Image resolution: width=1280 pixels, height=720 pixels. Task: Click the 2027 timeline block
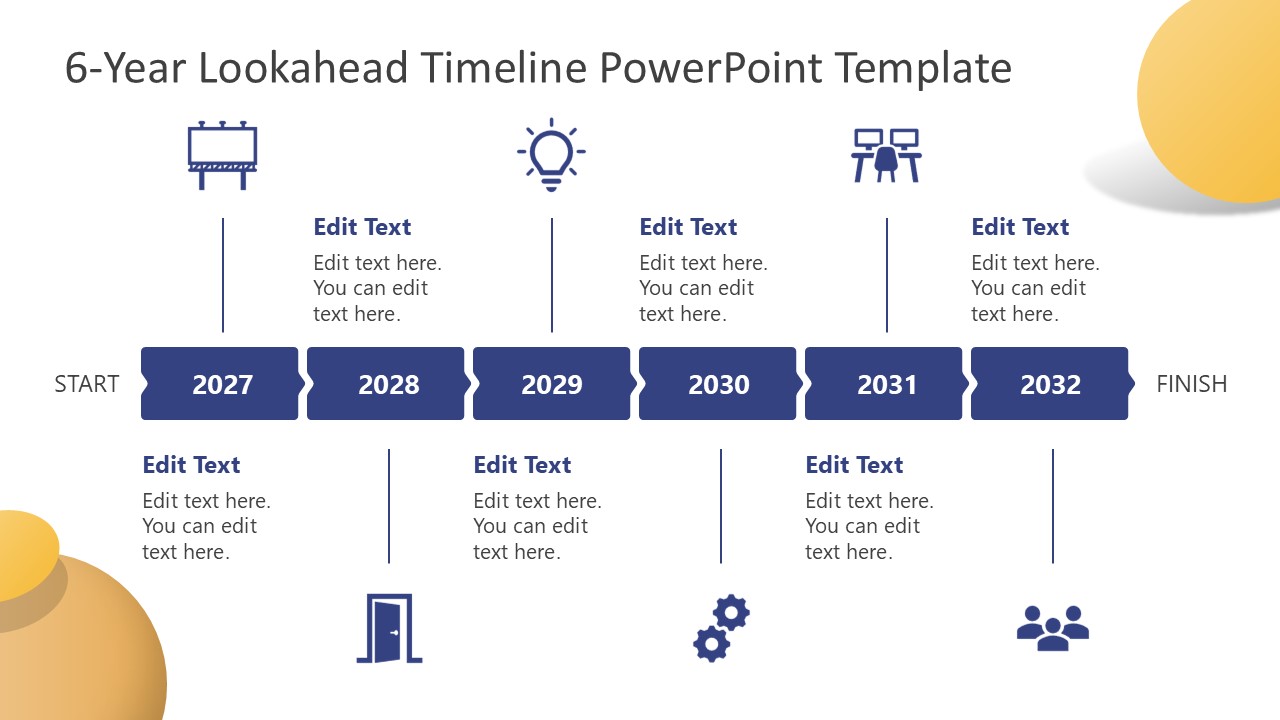click(x=221, y=384)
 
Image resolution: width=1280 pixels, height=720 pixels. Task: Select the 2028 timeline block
click(x=387, y=384)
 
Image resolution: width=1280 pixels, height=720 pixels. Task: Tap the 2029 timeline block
click(x=552, y=384)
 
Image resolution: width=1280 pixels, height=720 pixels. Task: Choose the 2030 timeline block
click(x=718, y=384)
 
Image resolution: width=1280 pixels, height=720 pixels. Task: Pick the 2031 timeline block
click(x=885, y=384)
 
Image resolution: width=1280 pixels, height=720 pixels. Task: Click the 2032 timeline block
click(x=1050, y=384)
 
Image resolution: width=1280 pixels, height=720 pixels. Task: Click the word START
click(x=87, y=384)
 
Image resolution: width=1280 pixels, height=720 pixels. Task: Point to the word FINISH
click(x=1191, y=384)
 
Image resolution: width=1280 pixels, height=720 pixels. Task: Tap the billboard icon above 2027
click(x=222, y=156)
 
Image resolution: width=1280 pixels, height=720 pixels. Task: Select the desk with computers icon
click(x=886, y=155)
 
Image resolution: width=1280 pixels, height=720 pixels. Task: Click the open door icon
click(x=390, y=628)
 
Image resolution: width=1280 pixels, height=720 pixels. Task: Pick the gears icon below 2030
click(x=721, y=628)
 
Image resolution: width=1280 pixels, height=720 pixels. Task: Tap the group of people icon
click(x=1052, y=629)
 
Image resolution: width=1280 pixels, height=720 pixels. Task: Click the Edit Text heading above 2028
click(x=362, y=227)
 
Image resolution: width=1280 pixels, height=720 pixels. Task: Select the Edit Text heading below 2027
click(x=191, y=465)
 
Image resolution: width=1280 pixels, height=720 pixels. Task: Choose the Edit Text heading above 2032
click(x=1020, y=227)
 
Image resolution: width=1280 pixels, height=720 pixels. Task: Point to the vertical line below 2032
click(x=1053, y=506)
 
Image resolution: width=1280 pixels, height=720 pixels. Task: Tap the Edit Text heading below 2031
click(x=854, y=465)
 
